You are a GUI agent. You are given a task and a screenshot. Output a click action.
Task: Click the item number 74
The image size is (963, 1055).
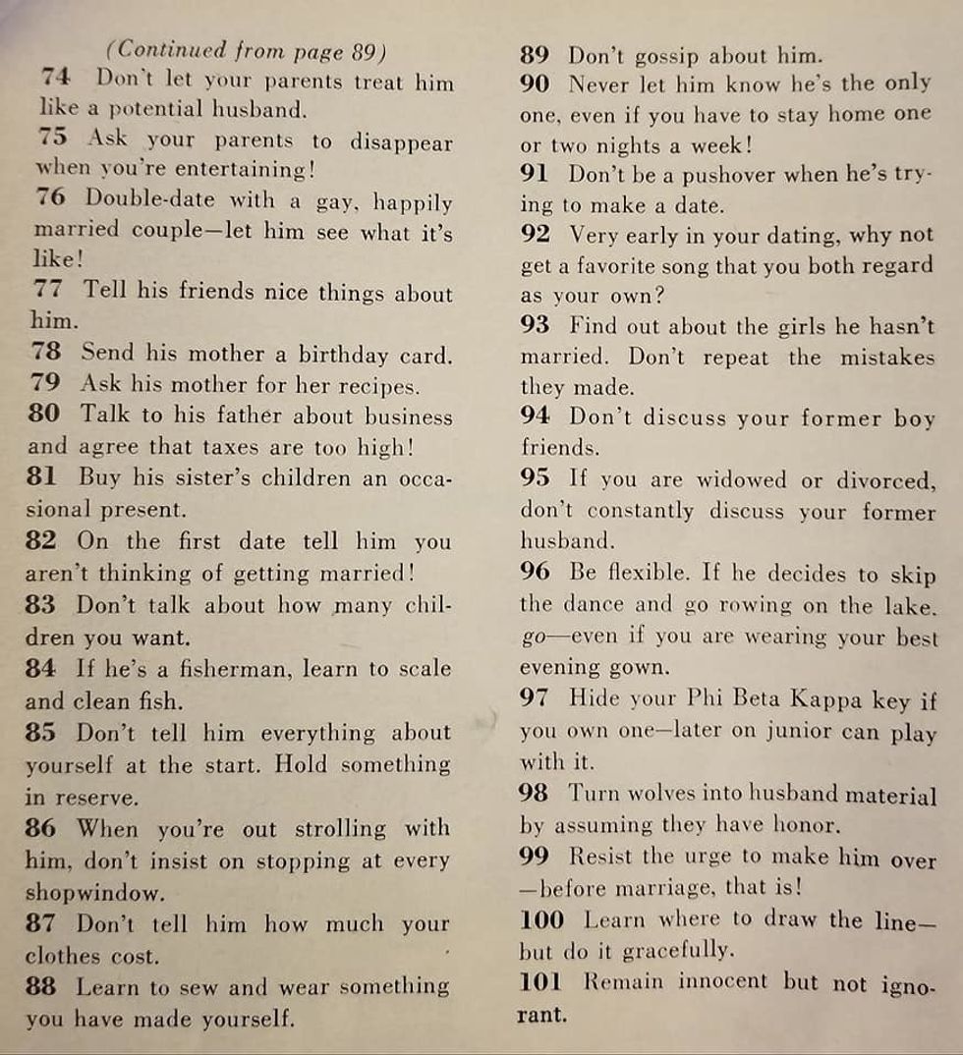point(55,79)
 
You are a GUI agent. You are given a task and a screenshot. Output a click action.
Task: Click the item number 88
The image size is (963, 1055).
point(44,985)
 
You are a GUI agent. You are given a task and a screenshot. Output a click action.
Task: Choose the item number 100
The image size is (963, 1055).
point(540,920)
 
